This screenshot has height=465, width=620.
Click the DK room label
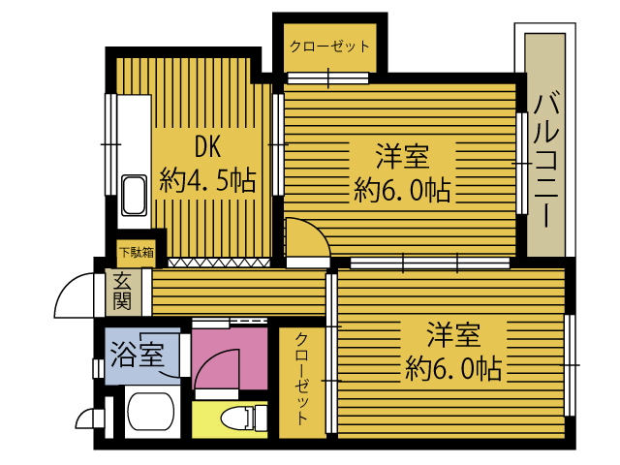pos(208,146)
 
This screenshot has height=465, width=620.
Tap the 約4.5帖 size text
pos(208,180)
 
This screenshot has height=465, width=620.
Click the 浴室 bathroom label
pos(138,354)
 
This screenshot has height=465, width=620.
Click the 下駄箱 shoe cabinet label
pos(136,254)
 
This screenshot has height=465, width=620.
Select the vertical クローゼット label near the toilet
pos(302,378)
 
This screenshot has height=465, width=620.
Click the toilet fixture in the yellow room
pos(238,418)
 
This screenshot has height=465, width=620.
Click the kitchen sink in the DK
pos(133,197)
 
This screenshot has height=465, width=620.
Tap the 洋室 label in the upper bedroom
pos(403,155)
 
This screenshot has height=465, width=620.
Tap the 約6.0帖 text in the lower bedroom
pos(453,369)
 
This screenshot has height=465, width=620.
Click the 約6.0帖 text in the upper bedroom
pos(403,189)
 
